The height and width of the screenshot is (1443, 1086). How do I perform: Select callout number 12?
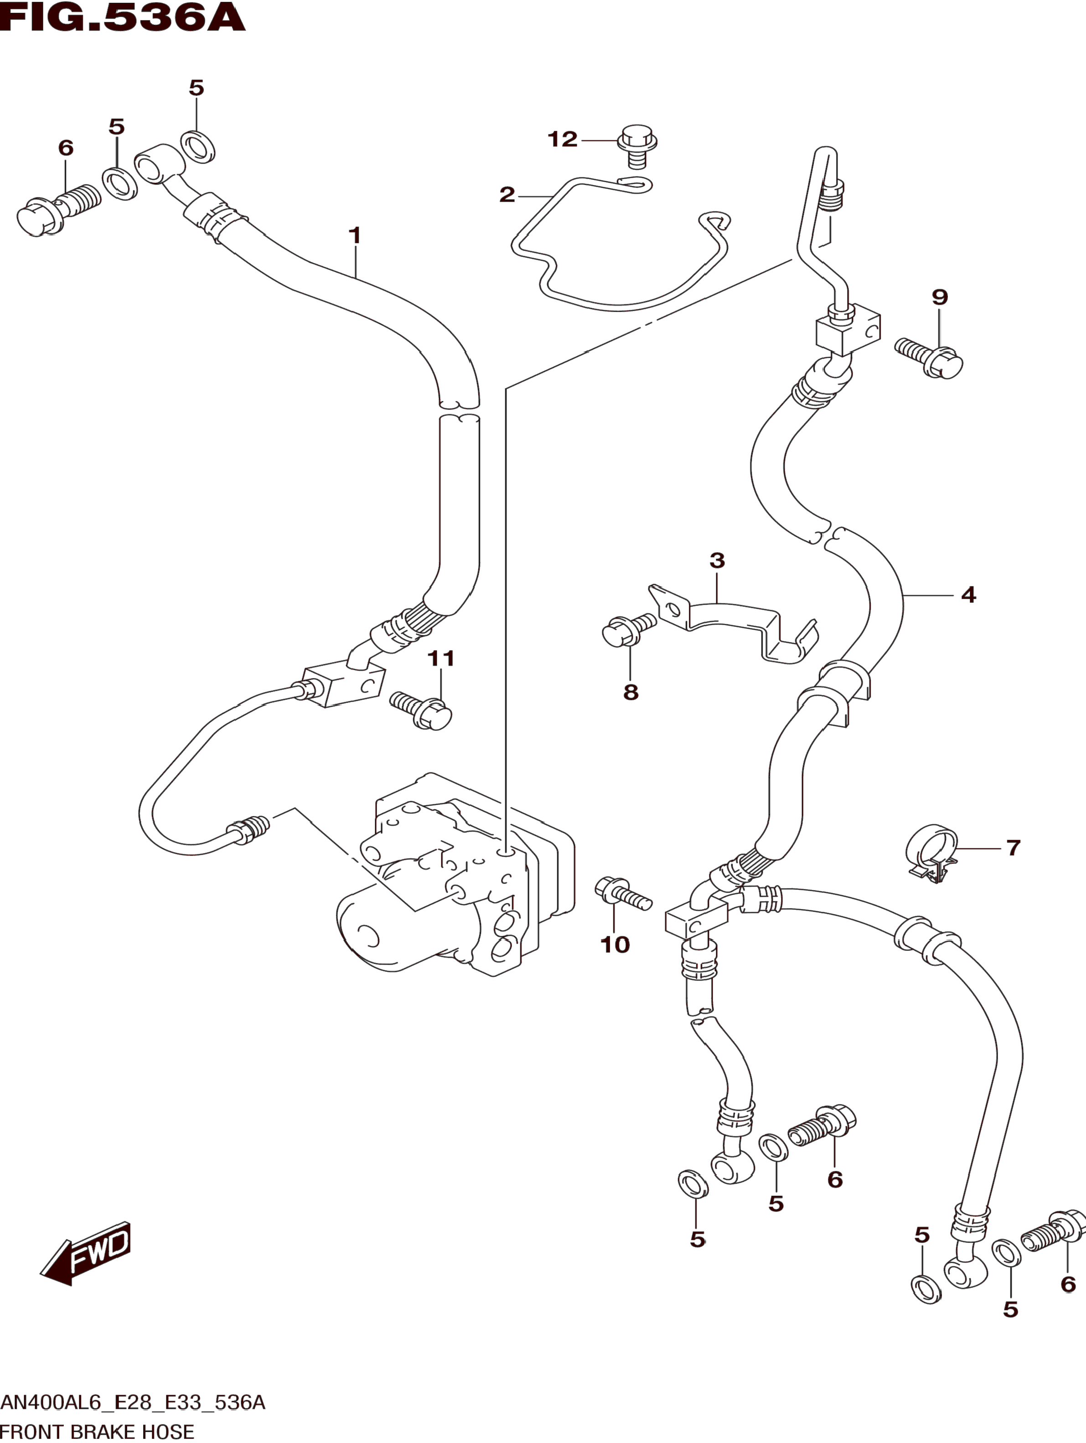point(562,139)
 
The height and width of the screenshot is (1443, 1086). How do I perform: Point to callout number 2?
point(507,195)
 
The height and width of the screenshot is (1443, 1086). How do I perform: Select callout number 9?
point(939,298)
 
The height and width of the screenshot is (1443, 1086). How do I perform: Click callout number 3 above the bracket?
point(717,560)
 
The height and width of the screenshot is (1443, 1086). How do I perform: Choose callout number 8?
point(631,692)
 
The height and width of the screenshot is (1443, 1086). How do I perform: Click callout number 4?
point(968,595)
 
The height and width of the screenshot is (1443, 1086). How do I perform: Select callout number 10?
point(615,945)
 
